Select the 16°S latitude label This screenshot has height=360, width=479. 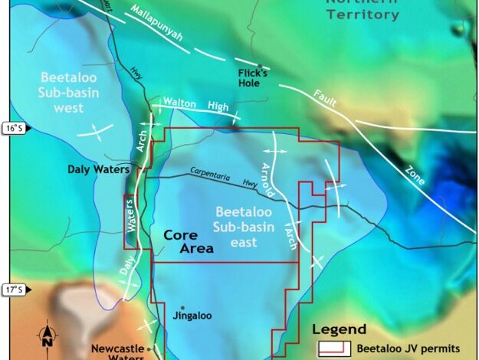13,128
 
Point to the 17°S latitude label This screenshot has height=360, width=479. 13,290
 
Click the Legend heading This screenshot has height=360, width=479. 341,329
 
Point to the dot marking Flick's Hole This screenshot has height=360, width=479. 260,67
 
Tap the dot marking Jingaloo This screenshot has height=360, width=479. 182,307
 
